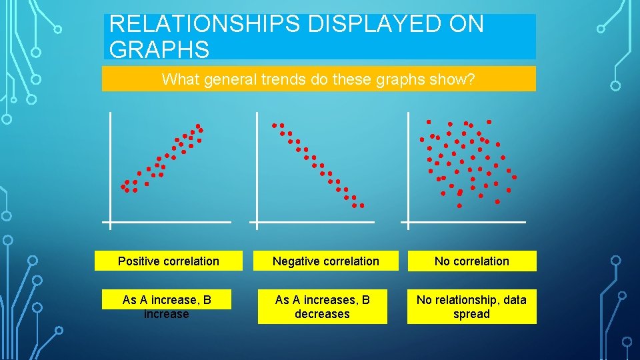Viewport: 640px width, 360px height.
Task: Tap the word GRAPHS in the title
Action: (159, 49)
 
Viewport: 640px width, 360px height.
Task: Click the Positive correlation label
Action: (168, 261)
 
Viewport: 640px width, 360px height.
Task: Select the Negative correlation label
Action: (326, 261)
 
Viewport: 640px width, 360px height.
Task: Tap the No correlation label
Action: (471, 261)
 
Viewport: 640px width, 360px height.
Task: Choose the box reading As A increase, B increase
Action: (167, 307)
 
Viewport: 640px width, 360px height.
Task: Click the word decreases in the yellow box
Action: (322, 314)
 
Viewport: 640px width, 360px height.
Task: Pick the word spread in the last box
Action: (471, 314)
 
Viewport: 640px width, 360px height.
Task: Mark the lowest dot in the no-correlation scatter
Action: (459, 206)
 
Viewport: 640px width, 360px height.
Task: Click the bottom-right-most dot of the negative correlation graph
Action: (362, 205)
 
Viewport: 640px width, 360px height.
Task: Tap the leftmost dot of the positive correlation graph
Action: (123, 187)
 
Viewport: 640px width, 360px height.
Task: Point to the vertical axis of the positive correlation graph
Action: (110, 167)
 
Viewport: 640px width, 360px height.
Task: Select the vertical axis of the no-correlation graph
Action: (409, 167)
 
